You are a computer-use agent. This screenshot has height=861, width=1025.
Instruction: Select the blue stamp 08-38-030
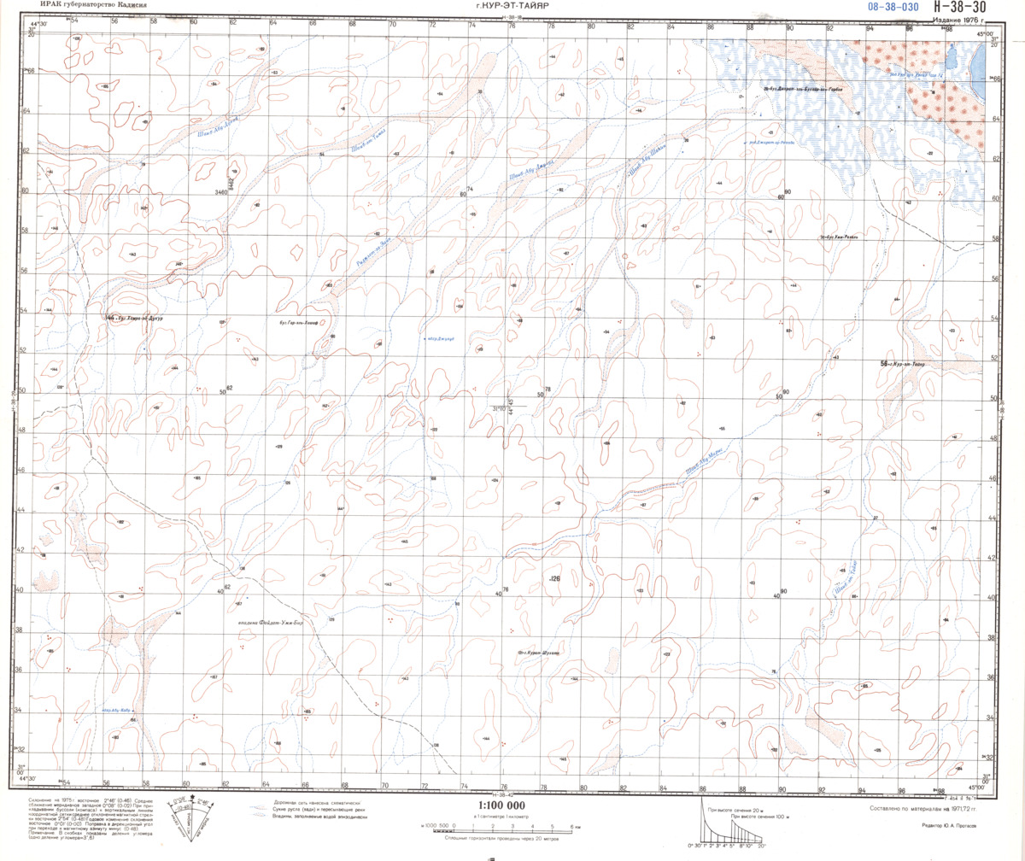pyautogui.click(x=893, y=7)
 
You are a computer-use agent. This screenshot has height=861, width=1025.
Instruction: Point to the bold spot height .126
pyautogui.click(x=554, y=579)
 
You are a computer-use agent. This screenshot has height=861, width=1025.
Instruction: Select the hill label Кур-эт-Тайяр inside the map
pyautogui.click(x=907, y=364)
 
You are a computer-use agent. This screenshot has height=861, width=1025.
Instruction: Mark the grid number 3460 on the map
pyautogui.click(x=222, y=192)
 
